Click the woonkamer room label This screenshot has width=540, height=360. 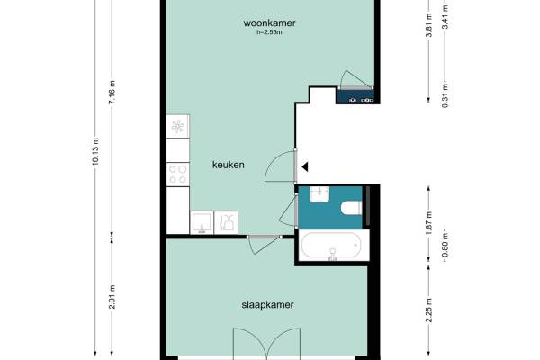click(x=269, y=22)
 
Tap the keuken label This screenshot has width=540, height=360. click(x=229, y=165)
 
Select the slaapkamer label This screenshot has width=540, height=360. click(x=267, y=304)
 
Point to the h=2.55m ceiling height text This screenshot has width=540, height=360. click(x=269, y=32)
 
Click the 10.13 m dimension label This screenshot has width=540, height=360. click(x=95, y=151)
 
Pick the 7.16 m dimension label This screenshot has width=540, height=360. click(x=112, y=93)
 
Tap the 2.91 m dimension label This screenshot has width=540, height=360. click(x=112, y=297)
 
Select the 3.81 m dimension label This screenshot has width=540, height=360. click(x=428, y=25)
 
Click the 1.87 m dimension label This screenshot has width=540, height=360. click(x=428, y=224)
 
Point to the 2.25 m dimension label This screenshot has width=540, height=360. click(x=428, y=310)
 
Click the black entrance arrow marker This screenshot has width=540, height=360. click(x=305, y=167)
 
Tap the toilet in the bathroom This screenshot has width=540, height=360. click(x=351, y=208)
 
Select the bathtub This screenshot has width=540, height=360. click(x=331, y=246)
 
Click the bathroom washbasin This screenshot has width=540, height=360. click(x=319, y=194)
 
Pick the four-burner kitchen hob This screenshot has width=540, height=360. click(x=177, y=175)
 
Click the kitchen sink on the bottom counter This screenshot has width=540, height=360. click(x=202, y=223)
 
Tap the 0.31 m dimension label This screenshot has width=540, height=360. click(x=445, y=95)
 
